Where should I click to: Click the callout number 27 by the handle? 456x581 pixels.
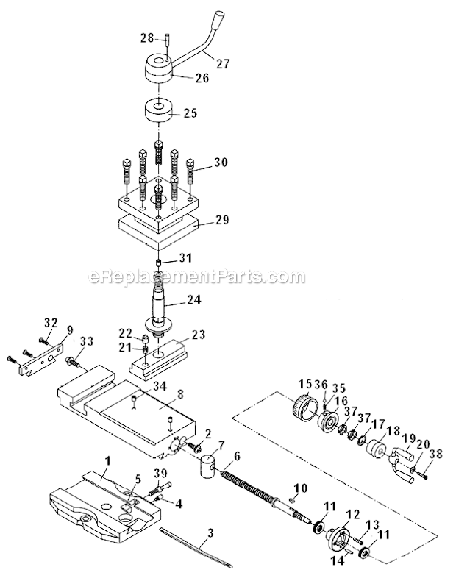(x=224, y=64)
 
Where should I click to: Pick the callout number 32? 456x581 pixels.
(x=50, y=321)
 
